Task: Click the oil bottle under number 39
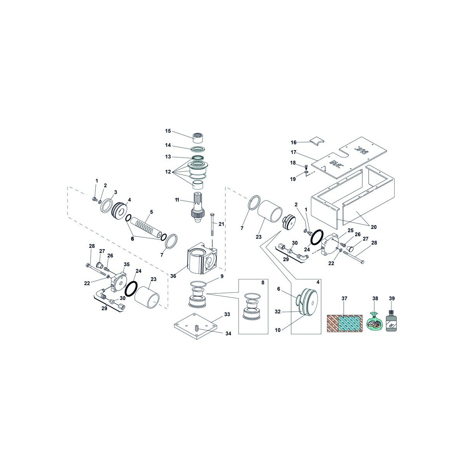pyautogui.click(x=392, y=321)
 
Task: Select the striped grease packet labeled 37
pyautogui.click(x=345, y=323)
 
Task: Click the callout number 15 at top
pyautogui.click(x=168, y=131)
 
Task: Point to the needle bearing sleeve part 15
pyautogui.click(x=198, y=138)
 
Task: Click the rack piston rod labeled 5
pyautogui.click(x=146, y=228)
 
